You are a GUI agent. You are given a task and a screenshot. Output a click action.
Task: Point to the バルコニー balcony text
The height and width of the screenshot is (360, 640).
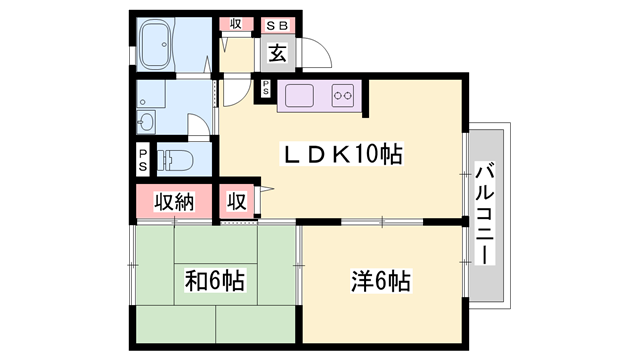tap(486, 212)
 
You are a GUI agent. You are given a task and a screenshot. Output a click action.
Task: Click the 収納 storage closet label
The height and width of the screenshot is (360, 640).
tap(173, 201)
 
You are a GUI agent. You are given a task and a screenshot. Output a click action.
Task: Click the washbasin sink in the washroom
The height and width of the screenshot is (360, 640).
tap(146, 122)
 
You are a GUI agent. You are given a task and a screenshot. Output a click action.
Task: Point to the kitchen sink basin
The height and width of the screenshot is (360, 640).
tap(299, 96)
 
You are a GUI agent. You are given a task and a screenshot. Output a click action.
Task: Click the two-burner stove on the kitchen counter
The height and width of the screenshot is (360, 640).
tap(343, 96)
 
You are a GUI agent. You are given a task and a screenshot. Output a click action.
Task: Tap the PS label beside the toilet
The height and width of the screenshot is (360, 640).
tap(143, 159)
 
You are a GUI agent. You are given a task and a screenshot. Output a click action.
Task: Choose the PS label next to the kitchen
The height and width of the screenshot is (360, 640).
tap(267, 88)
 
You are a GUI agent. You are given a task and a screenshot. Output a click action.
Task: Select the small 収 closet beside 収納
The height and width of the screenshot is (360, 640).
tap(236, 201)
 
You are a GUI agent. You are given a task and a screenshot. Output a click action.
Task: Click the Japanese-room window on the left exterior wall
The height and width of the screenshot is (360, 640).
tap(132, 264)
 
